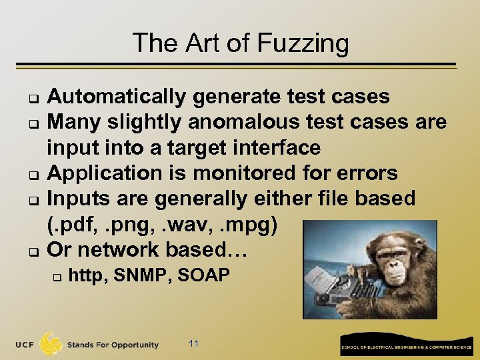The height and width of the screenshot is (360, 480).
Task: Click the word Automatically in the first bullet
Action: (x=118, y=97)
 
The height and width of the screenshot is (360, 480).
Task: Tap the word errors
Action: (x=366, y=173)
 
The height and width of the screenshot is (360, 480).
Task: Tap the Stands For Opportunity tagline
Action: (x=113, y=345)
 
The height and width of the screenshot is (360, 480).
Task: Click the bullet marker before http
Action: (x=58, y=275)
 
